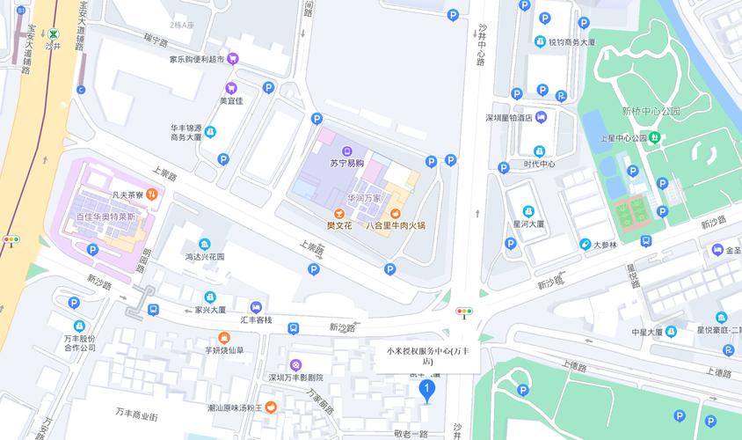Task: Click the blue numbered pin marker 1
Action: tap(426, 389)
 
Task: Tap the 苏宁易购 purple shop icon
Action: tap(346, 150)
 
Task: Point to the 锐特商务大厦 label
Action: tap(572, 41)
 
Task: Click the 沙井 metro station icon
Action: tap(55, 34)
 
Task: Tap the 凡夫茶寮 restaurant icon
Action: tap(151, 195)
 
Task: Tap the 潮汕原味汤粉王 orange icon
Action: tap(272, 407)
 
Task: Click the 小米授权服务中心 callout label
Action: tap(427, 356)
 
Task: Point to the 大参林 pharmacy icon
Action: tap(586, 245)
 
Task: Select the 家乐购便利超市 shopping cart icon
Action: tap(232, 60)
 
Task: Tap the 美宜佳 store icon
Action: tap(230, 88)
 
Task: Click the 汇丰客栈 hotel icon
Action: tap(256, 308)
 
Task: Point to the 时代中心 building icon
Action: tap(539, 150)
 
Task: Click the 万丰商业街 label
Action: tap(136, 414)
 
